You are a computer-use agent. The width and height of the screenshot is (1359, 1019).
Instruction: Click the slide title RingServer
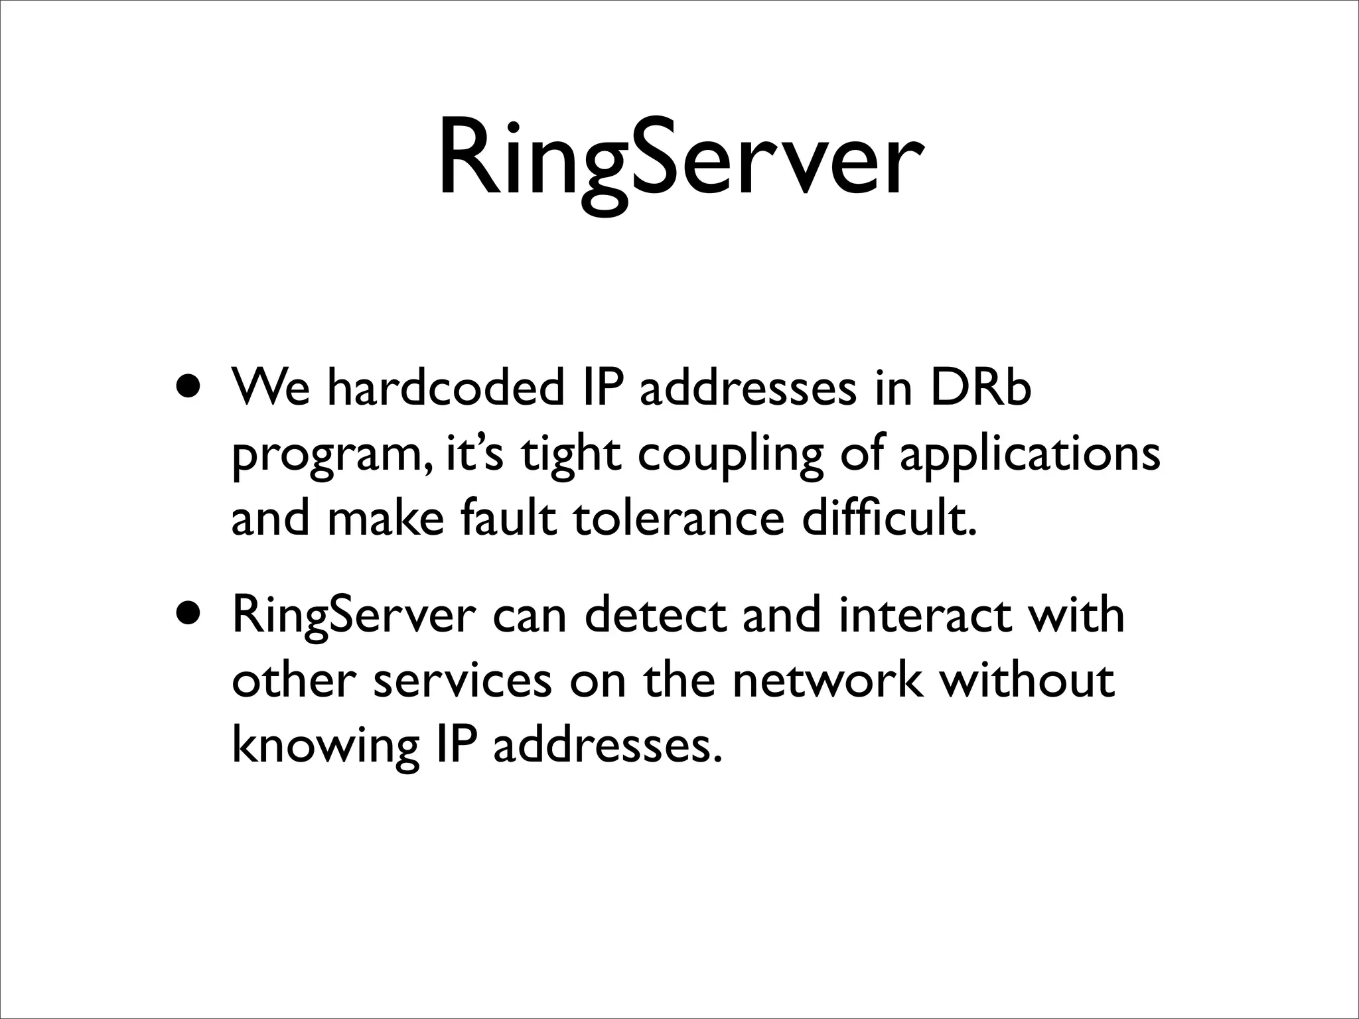(679, 159)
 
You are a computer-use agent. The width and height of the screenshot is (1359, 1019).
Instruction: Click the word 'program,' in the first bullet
(332, 456)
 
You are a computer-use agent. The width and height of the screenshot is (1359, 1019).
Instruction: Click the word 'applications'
(1030, 456)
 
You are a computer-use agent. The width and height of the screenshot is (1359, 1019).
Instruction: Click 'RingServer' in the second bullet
(351, 617)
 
